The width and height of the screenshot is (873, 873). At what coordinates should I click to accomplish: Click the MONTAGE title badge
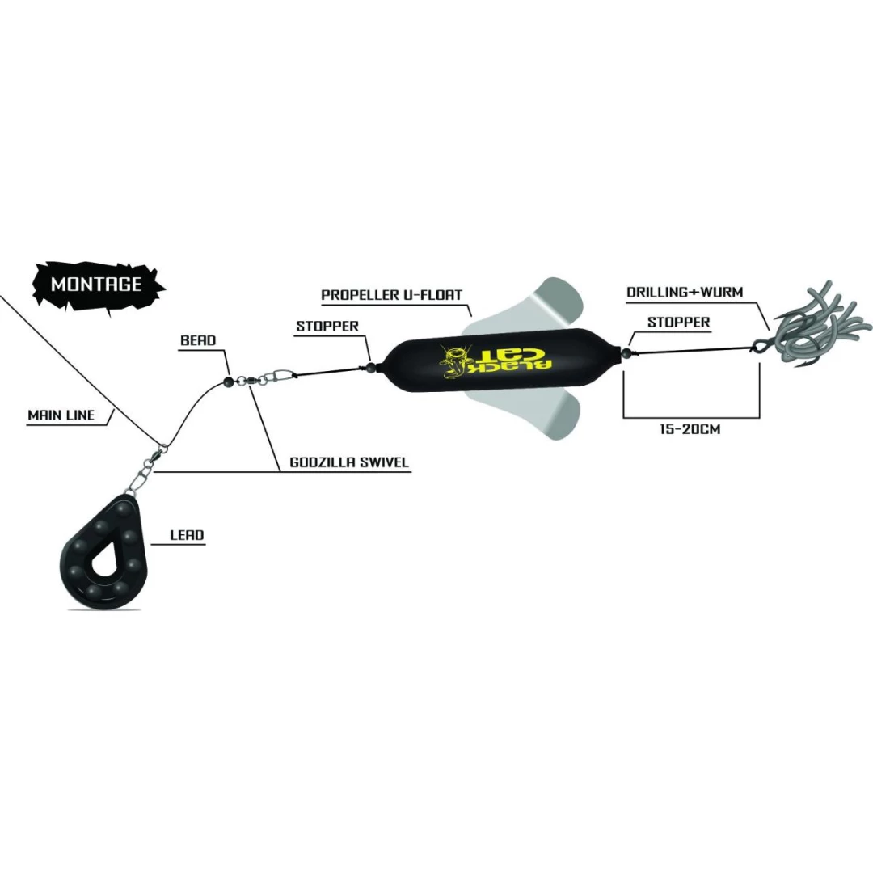tap(96, 284)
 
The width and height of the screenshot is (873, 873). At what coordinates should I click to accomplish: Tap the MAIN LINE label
tap(61, 415)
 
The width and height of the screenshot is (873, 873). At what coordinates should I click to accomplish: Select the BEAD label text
tap(198, 340)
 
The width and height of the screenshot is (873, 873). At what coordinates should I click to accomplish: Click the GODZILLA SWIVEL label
tap(349, 463)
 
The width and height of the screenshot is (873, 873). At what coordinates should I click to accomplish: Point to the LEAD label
tap(187, 535)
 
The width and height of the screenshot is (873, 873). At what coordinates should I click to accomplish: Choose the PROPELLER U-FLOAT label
tap(391, 295)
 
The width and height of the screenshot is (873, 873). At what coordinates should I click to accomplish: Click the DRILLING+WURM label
tap(685, 292)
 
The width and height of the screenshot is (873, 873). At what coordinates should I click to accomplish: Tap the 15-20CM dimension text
tap(690, 429)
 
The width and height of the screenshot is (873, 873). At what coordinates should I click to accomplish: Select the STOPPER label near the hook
tap(678, 322)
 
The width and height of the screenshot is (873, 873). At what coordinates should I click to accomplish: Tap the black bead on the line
tap(228, 379)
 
